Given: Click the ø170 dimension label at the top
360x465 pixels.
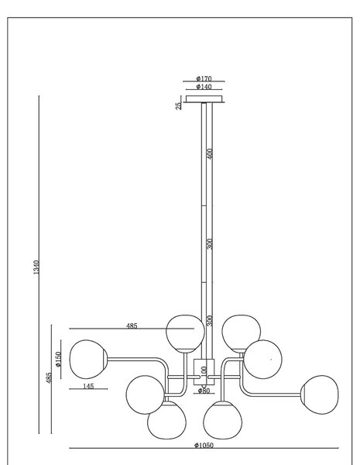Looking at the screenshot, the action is pos(204,78).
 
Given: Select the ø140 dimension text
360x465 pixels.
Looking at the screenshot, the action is pos(204,87).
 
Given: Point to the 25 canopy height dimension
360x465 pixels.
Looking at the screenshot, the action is pos(178,106).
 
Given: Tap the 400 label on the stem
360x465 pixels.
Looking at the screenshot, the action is pos(210,153).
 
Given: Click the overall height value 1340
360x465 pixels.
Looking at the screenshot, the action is pos(36,267).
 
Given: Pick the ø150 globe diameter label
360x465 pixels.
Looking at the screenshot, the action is pos(58,359).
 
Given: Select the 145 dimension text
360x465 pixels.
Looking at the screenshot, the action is pos(88,386).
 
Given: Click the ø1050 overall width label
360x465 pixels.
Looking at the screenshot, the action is pos(204,445).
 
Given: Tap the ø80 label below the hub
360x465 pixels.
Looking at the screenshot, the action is pos(204,391).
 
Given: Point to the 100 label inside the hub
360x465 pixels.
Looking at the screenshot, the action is pos(204,371).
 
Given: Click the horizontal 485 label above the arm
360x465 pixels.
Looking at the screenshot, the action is pos(132,326).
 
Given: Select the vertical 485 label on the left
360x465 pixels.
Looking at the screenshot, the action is pos(49,377).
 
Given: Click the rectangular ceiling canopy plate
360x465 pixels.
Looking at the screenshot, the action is pos(204,98).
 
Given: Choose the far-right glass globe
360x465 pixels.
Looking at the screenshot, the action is pos(320,394).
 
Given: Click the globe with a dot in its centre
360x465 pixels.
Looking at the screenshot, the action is pos(262,359).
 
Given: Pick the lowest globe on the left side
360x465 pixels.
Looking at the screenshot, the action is pos(166,420).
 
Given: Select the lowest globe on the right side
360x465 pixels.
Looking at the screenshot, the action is pos(222,420).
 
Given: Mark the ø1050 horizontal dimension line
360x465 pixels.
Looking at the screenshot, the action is pos(204,448).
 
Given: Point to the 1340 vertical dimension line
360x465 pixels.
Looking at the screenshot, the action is pos(39,264).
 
